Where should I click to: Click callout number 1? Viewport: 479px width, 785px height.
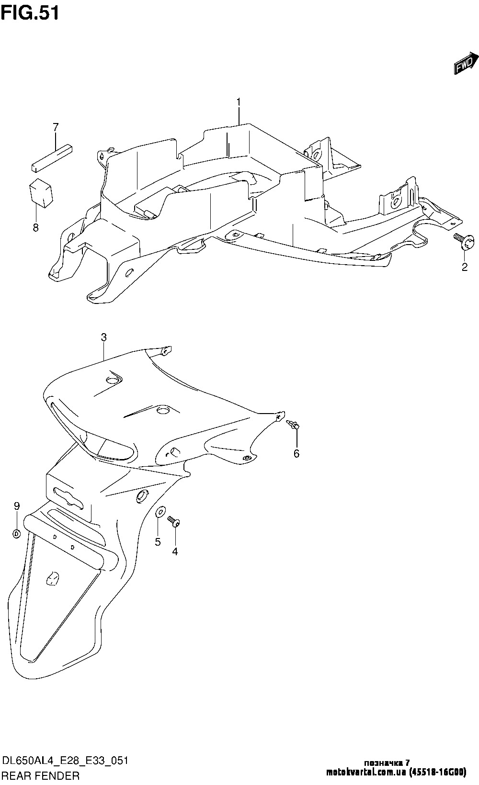[238, 102]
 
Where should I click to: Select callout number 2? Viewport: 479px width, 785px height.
[464, 267]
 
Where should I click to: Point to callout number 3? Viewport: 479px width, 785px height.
[103, 337]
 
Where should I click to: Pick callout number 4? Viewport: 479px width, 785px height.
[175, 551]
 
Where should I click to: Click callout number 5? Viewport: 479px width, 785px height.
[158, 542]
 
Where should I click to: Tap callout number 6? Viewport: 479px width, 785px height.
[296, 453]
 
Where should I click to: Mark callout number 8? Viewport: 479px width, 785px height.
[35, 227]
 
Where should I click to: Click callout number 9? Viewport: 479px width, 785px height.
[16, 505]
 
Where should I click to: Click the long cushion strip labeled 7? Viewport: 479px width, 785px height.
[52, 157]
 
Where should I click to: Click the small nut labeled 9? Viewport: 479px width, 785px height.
[16, 533]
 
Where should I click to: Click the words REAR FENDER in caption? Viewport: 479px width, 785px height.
[41, 775]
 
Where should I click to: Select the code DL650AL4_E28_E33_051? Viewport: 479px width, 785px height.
[65, 761]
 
